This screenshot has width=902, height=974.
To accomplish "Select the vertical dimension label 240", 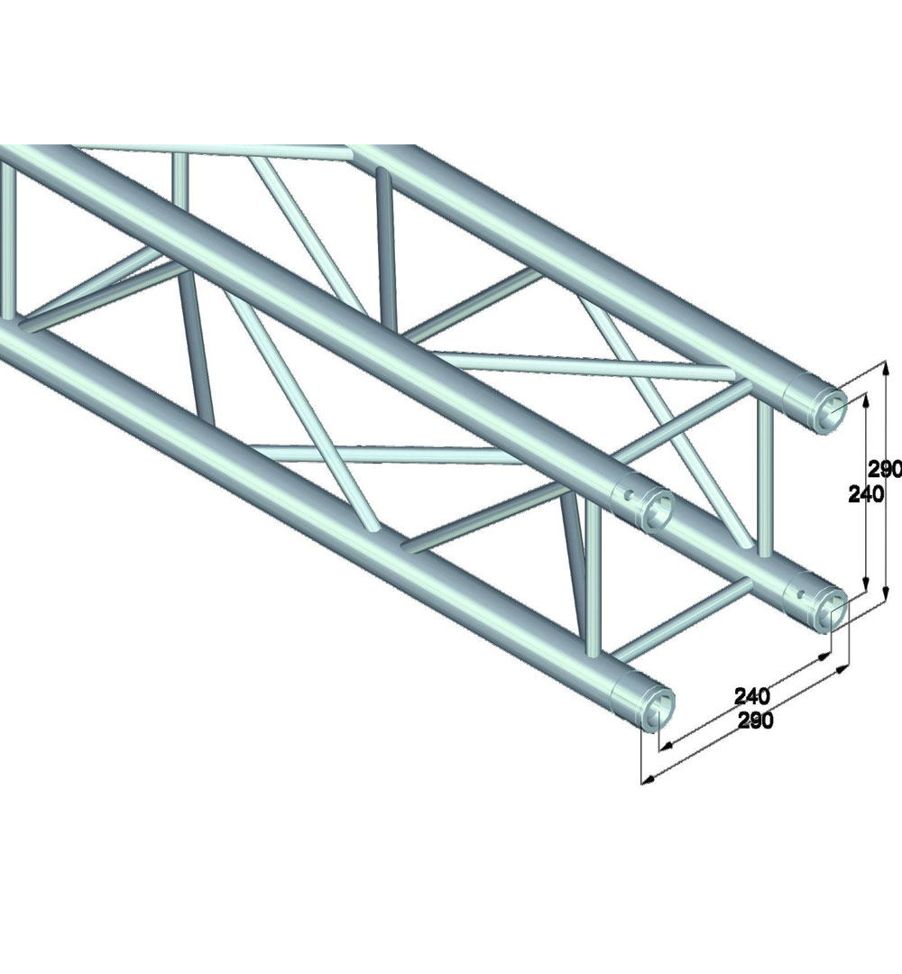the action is point(865,494).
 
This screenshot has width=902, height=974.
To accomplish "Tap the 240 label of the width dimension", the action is point(752,695).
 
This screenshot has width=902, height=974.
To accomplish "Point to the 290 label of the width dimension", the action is point(755,720).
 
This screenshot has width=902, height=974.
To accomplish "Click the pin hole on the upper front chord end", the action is point(629,495).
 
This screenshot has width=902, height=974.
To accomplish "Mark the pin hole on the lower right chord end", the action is point(803,593).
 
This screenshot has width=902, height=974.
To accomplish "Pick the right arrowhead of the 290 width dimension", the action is point(842,669).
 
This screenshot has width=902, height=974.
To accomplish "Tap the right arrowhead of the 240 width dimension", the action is point(824,656).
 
